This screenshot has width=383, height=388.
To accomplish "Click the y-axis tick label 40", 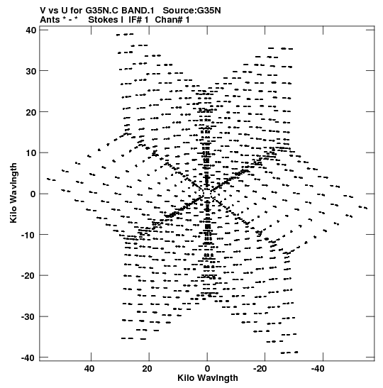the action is (31, 31).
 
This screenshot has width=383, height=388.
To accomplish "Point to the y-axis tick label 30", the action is (31, 71).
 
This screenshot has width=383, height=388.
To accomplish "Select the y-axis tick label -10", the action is (28, 235).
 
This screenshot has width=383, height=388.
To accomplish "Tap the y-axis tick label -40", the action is (28, 357).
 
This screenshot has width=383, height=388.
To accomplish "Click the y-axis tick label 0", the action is (33, 194).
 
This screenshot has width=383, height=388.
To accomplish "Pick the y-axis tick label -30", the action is (28, 316).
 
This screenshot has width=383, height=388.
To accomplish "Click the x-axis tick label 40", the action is (89, 369).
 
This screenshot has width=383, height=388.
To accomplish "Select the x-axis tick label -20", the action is (260, 369).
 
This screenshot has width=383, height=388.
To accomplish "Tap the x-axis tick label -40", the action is (318, 369).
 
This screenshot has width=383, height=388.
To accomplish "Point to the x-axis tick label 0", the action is (207, 369).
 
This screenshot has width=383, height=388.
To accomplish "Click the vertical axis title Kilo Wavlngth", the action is (13, 193).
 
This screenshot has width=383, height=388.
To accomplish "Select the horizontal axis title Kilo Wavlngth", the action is (208, 378).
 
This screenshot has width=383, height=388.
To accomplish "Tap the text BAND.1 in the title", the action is (138, 11).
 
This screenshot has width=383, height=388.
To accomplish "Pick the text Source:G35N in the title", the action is (191, 11).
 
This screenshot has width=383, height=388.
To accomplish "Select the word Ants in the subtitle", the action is (50, 20).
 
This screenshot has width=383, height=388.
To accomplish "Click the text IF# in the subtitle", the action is (135, 20).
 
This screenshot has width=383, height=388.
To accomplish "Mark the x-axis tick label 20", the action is (148, 369).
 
